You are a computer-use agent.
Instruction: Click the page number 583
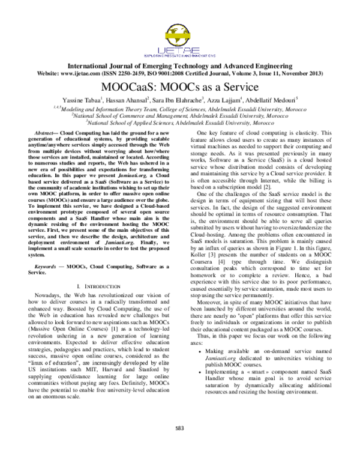pyautogui.click(x=179, y=444)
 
